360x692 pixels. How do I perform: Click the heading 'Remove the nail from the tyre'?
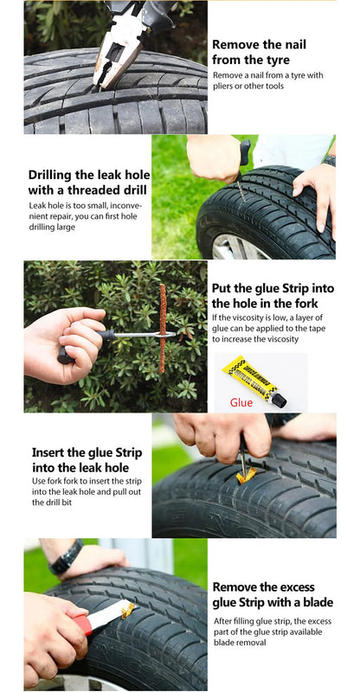[259, 52]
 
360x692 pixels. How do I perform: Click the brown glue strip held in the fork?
[162, 329]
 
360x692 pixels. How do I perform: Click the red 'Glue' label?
[241, 402]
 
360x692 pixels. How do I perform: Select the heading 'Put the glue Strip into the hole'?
[272, 295]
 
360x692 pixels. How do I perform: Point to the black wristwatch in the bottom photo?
[65, 557]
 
